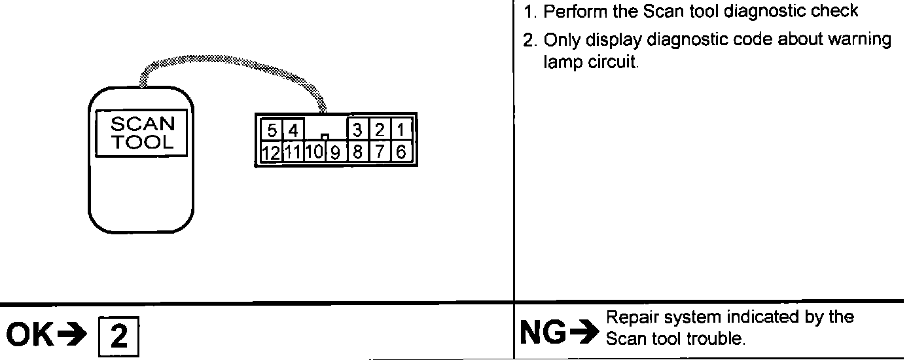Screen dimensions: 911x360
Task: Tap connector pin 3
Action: (x=357, y=129)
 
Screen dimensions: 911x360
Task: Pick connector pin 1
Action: (x=401, y=129)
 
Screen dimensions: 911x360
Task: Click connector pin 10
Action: (x=313, y=153)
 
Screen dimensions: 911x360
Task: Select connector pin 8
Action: (x=357, y=153)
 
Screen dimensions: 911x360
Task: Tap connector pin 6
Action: (x=401, y=153)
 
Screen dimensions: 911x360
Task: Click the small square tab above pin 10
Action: (x=324, y=137)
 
